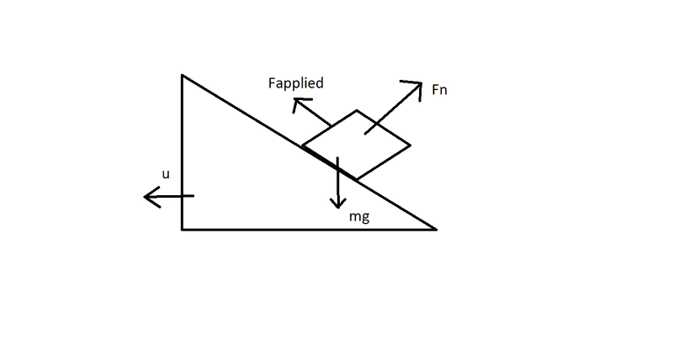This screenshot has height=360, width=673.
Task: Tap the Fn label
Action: click(x=438, y=90)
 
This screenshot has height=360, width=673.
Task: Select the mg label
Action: click(x=360, y=217)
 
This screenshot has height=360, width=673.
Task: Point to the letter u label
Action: click(x=166, y=174)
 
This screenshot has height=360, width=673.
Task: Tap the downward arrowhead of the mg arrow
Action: click(x=337, y=205)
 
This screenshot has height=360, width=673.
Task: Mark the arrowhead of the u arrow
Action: click(x=147, y=198)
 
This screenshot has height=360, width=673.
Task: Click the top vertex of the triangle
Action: click(x=183, y=76)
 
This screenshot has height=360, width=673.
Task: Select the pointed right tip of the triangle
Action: click(x=435, y=228)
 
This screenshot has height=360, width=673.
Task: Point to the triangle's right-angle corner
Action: click(x=183, y=228)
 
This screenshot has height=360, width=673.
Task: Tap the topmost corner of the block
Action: click(x=357, y=110)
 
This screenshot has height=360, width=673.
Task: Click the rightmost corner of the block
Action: click(x=410, y=145)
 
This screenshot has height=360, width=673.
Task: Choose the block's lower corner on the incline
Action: click(x=357, y=180)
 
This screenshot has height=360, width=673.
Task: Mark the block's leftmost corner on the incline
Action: click(x=302, y=146)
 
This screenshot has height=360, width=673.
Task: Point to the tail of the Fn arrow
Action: click(x=365, y=133)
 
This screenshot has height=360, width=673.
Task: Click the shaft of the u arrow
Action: click(x=172, y=197)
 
